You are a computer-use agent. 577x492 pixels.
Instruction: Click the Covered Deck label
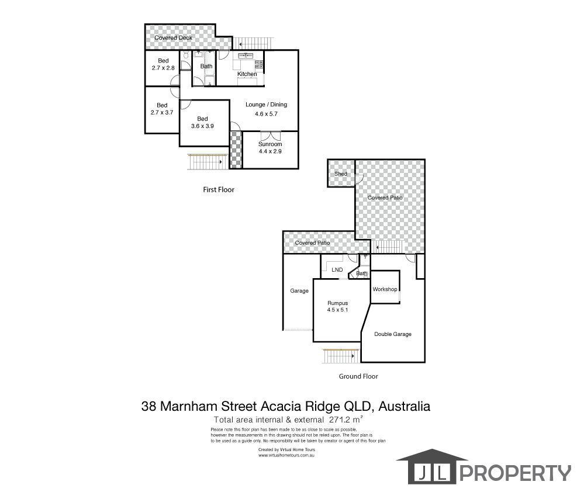tap(174, 38)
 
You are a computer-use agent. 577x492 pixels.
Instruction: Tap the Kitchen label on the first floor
tap(247, 74)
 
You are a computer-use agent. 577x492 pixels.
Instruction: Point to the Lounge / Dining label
tap(266, 105)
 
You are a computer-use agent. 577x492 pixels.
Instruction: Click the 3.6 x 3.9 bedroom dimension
tap(203, 126)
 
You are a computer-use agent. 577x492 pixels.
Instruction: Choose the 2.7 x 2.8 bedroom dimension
tap(162, 68)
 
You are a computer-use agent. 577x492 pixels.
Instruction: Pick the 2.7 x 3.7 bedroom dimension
tap(162, 112)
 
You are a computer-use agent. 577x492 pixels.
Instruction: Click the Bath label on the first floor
tap(206, 66)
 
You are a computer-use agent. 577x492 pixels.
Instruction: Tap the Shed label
tap(341, 174)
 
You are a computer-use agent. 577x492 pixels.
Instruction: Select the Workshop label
tap(385, 289)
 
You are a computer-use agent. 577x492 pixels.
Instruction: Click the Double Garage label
tap(393, 334)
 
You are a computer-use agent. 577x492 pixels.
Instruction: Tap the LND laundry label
tap(337, 270)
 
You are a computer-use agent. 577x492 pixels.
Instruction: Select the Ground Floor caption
tap(358, 376)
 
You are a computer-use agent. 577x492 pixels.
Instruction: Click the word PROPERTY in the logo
tap(517, 472)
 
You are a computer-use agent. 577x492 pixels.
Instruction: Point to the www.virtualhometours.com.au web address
tap(286, 455)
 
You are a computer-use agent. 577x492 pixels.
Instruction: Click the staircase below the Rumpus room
tap(338, 354)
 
